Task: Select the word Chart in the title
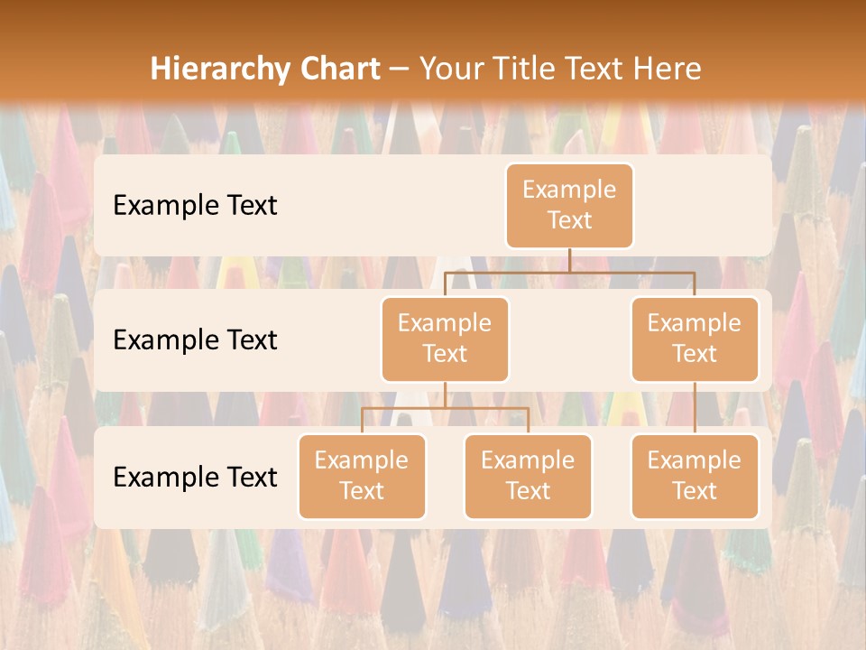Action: click(337, 69)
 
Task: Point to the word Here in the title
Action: click(667, 69)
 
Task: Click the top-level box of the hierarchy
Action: click(569, 205)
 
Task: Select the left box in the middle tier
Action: click(445, 339)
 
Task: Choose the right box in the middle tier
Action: click(695, 339)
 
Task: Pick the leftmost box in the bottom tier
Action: click(362, 476)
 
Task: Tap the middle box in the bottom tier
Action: click(528, 476)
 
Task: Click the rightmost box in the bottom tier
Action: click(695, 476)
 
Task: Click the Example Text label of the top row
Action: click(195, 205)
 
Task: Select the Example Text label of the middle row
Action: click(195, 339)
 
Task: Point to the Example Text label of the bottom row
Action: click(195, 477)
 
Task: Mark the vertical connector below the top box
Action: click(569, 260)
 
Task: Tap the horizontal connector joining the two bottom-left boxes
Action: click(445, 408)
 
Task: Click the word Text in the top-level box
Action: click(569, 220)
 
